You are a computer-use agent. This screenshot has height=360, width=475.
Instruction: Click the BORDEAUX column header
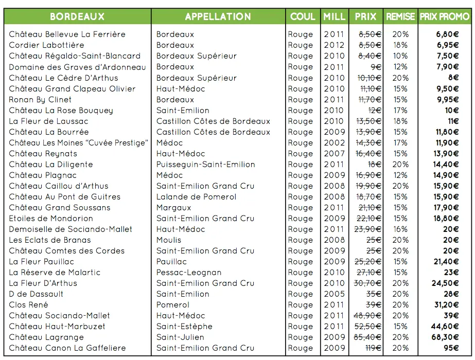[77, 16]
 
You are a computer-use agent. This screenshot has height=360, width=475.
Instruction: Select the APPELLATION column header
[218, 16]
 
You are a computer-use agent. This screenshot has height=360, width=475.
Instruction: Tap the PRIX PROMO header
[445, 16]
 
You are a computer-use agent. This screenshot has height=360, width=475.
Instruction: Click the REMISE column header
[400, 16]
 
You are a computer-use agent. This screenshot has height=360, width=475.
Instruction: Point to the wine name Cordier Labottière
[46, 45]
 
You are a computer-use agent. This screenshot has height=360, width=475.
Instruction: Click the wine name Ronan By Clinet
[40, 99]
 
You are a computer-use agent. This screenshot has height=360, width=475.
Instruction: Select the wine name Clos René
[28, 304]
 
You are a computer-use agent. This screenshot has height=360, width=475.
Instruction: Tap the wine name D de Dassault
[36, 294]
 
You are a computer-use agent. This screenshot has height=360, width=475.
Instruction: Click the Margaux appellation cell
[173, 208]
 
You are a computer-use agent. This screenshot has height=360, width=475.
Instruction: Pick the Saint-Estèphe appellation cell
[184, 326]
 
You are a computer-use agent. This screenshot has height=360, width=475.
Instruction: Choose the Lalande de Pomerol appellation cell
[197, 197]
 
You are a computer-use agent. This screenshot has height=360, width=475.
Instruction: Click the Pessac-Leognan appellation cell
[189, 273]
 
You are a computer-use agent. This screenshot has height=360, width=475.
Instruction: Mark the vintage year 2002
[334, 143]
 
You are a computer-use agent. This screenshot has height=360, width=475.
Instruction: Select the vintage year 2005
[334, 294]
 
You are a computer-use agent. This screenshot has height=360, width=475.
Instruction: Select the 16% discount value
[400, 229]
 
